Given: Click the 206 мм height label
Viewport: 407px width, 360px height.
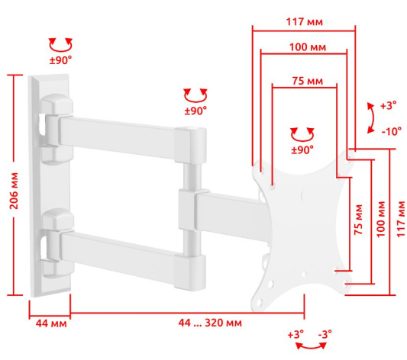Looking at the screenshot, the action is pos(14,191).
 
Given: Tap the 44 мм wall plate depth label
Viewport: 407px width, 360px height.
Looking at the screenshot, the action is pos(51,323).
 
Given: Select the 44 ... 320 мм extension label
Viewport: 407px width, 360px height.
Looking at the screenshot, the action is pos(210,323).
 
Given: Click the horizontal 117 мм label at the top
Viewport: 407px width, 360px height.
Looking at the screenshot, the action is pos(305,22).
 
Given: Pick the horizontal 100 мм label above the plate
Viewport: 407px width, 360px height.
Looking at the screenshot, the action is pos(308,47).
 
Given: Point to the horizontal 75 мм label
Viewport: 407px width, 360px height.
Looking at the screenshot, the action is pos(308,81).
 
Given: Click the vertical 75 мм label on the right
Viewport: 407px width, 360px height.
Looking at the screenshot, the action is pos(358,220).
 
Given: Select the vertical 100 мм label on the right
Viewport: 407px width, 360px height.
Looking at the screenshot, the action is pos(381,219).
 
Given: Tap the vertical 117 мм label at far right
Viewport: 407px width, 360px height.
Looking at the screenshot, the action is pos(401,219).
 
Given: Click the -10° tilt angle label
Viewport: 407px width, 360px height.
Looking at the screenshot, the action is pos(392,132).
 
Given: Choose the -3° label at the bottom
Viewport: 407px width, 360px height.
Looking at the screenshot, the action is pos(325,334).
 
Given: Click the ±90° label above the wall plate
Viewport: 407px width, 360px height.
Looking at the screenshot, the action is pos(60,60).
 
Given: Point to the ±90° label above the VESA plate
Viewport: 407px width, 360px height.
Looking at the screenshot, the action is pos(302,150).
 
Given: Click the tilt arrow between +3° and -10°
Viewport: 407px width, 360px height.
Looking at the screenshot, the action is pos(373,118).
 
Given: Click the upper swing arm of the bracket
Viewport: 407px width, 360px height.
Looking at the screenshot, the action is pos(117,137).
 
